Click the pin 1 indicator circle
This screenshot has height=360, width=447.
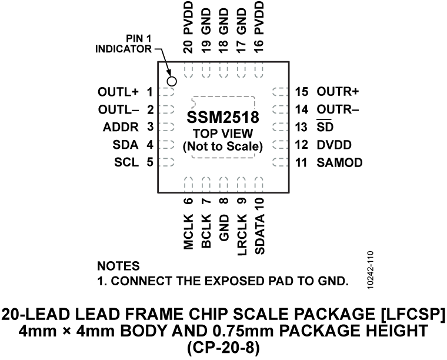pyautogui.click(x=172, y=81)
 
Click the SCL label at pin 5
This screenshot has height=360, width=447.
pyautogui.click(x=126, y=162)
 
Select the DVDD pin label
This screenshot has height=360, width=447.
pyautogui.click(x=332, y=144)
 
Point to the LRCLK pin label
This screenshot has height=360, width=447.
pyautogui.click(x=241, y=234)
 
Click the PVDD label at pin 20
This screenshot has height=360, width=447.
pyautogui.click(x=188, y=22)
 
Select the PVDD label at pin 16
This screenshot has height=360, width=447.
pyautogui.click(x=259, y=22)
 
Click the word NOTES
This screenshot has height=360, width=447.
pyautogui.click(x=118, y=266)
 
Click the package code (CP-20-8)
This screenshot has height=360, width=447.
pyautogui.click(x=223, y=347)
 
